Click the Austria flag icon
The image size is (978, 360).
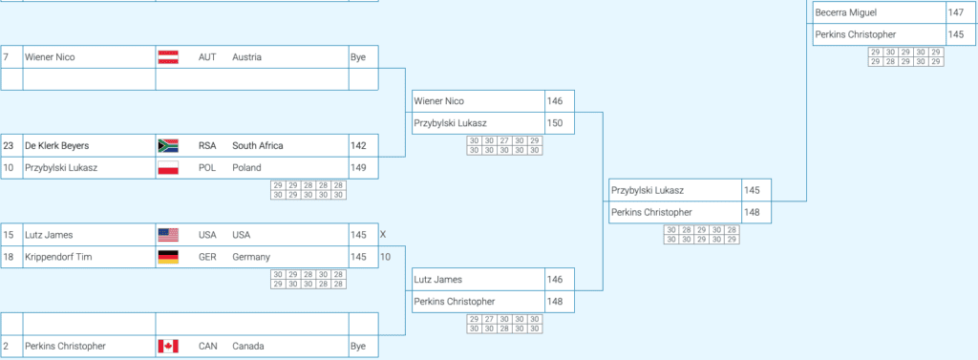click(168, 57)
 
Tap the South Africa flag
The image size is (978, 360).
click(168, 146)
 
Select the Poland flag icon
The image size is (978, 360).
click(168, 168)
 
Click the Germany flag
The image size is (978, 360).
click(168, 257)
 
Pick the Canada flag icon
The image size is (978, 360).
click(168, 347)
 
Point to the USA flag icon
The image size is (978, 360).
click(168, 235)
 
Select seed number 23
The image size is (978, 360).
click(8, 146)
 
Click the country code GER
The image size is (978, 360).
click(207, 257)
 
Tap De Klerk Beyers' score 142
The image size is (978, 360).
click(359, 146)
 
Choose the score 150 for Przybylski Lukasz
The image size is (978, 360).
click(555, 123)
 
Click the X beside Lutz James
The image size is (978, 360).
click(383, 235)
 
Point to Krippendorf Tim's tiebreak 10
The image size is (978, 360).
click(386, 257)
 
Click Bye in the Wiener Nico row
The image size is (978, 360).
click(358, 57)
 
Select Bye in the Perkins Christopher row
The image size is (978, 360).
click(358, 347)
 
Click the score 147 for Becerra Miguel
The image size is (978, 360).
click(955, 12)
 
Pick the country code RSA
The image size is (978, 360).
click(207, 146)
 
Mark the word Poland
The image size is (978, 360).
click(247, 168)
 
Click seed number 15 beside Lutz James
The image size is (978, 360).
click(8, 235)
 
